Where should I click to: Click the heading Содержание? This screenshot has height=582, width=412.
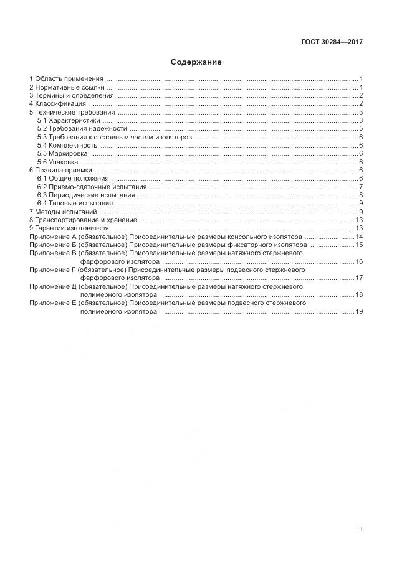(196, 62)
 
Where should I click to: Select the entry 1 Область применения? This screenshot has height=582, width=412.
(66, 79)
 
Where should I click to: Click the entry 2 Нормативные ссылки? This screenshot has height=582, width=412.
(67, 87)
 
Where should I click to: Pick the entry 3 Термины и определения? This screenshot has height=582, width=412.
(72, 96)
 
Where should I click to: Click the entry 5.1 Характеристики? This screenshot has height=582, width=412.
(68, 121)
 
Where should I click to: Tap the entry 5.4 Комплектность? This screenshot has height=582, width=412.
(67, 145)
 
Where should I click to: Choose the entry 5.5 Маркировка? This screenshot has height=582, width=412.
(64, 153)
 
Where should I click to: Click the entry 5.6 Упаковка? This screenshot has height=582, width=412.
(59, 162)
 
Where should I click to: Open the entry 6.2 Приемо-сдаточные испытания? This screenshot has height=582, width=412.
(92, 187)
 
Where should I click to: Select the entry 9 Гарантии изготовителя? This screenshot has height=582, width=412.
(69, 228)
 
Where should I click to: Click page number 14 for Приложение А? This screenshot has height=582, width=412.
(359, 237)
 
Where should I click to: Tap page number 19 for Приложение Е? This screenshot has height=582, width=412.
(359, 311)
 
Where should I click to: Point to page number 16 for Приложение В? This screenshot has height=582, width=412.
(359, 261)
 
